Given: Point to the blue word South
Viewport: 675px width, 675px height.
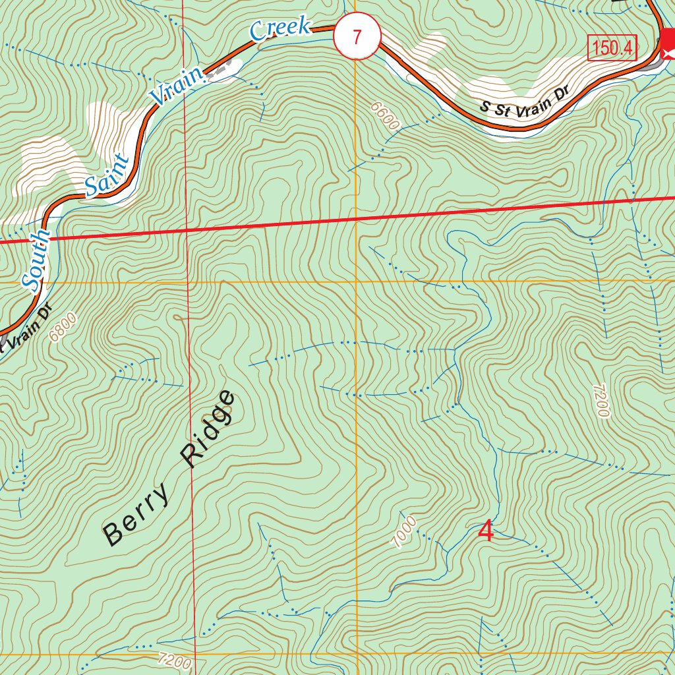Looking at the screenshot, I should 36,259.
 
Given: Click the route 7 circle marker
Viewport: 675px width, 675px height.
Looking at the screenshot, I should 357,37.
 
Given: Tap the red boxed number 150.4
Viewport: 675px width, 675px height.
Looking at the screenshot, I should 612,48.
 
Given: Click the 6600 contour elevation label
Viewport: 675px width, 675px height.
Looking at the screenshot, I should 385,117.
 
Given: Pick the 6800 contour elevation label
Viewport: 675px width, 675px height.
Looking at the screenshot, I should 63,326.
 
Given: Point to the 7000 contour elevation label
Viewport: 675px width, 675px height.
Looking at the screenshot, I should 404,531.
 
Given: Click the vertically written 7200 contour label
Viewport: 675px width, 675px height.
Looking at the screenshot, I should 600,401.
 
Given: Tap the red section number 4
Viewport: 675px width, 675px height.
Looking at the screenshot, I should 486,531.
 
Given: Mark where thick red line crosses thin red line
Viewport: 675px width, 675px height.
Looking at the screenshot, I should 187,230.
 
